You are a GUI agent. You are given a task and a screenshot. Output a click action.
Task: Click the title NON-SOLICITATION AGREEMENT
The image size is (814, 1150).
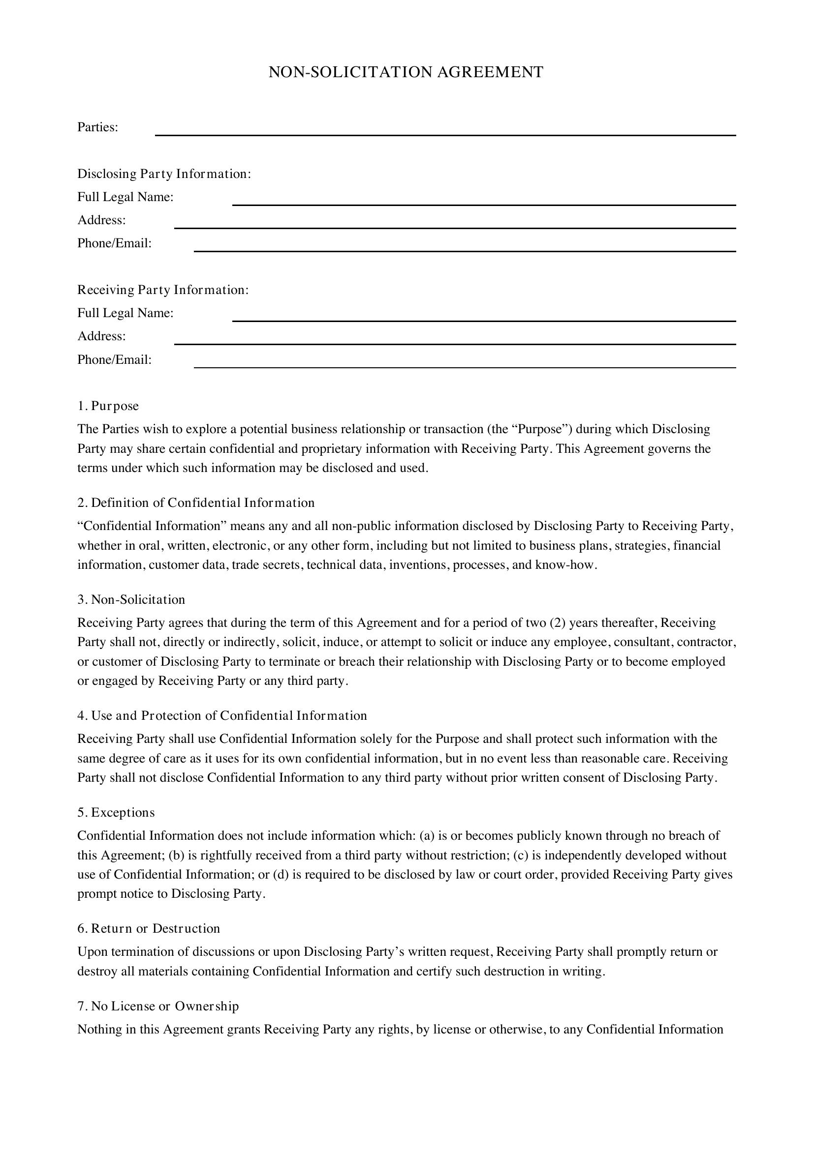click(x=406, y=72)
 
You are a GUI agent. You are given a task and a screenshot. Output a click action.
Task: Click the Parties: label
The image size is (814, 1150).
click(x=98, y=127)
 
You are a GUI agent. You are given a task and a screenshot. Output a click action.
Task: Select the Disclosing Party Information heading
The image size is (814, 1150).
click(x=164, y=174)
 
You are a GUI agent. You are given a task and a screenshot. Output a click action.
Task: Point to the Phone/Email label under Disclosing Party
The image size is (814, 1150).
click(x=114, y=243)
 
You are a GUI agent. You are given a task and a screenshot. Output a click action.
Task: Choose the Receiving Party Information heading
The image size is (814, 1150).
click(x=163, y=290)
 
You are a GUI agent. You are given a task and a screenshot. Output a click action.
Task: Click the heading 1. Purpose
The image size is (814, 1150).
click(x=108, y=406)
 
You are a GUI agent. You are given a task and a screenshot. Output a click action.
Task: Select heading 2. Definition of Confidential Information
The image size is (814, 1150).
click(x=196, y=503)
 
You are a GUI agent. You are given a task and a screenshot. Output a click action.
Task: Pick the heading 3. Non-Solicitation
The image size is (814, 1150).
click(x=131, y=599)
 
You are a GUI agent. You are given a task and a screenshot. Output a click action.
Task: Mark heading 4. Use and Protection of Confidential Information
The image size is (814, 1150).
click(x=222, y=716)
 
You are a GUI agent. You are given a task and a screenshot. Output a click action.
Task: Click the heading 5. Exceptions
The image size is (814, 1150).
click(x=116, y=812)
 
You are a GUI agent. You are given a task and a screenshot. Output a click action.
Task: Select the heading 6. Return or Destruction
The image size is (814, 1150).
click(x=148, y=929)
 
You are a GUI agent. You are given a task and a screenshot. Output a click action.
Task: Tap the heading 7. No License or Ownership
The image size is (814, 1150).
click(x=158, y=1006)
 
